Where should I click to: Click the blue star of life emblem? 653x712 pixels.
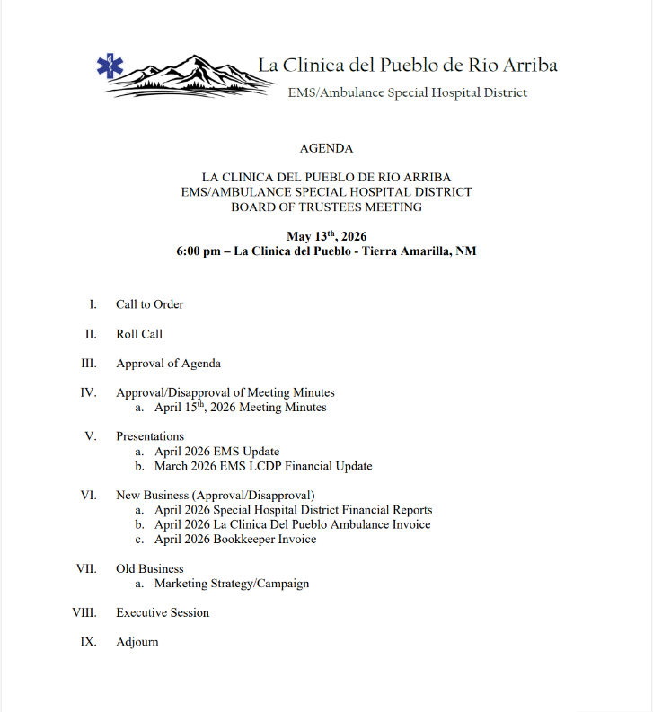(x=111, y=66)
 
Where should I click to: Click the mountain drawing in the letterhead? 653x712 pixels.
(x=193, y=76)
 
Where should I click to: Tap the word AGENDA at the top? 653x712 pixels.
(x=326, y=148)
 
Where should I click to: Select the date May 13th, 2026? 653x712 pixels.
(x=326, y=236)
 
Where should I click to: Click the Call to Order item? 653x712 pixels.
(x=149, y=304)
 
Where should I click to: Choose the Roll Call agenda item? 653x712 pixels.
(x=139, y=334)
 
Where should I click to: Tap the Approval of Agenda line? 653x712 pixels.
(x=168, y=364)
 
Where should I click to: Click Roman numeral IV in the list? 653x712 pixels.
(x=88, y=392)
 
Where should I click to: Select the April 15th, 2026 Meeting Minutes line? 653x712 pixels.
(x=240, y=408)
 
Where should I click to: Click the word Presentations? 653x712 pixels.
(x=150, y=436)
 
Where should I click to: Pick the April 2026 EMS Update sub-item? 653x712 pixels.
(x=216, y=452)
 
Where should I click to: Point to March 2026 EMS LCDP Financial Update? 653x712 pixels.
(x=263, y=467)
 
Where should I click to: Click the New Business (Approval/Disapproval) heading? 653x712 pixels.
(x=216, y=496)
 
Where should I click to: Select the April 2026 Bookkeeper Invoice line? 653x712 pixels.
(x=235, y=540)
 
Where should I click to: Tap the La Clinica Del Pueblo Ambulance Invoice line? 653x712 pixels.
(x=292, y=524)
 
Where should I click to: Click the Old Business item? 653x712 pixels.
(x=149, y=569)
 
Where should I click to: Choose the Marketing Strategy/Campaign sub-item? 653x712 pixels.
(x=232, y=584)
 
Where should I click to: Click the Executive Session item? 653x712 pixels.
(x=163, y=613)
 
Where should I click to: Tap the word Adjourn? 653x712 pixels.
(x=137, y=643)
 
